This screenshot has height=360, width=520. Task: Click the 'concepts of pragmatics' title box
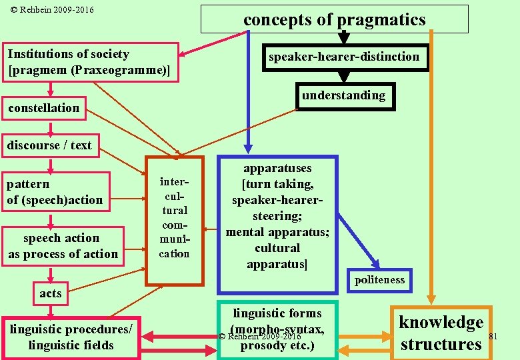tap(334, 19)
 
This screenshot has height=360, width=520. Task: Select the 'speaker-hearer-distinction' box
tap(343, 57)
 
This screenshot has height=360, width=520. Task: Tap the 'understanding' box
tap(343, 95)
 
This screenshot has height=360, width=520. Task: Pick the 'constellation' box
tap(44, 108)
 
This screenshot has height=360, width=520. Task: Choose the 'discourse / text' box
tap(49, 145)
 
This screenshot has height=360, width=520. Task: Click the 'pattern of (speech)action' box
tap(55, 192)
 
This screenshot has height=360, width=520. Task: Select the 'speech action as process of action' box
tap(63, 246)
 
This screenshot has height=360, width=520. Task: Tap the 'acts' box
tap(50, 293)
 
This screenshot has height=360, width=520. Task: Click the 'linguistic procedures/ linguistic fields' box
tap(71, 337)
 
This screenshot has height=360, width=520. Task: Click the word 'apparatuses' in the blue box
tap(277, 169)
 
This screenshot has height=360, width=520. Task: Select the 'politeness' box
tap(379, 280)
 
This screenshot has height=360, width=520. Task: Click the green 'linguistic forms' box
tap(277, 329)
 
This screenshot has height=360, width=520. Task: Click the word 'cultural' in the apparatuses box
tap(277, 248)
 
